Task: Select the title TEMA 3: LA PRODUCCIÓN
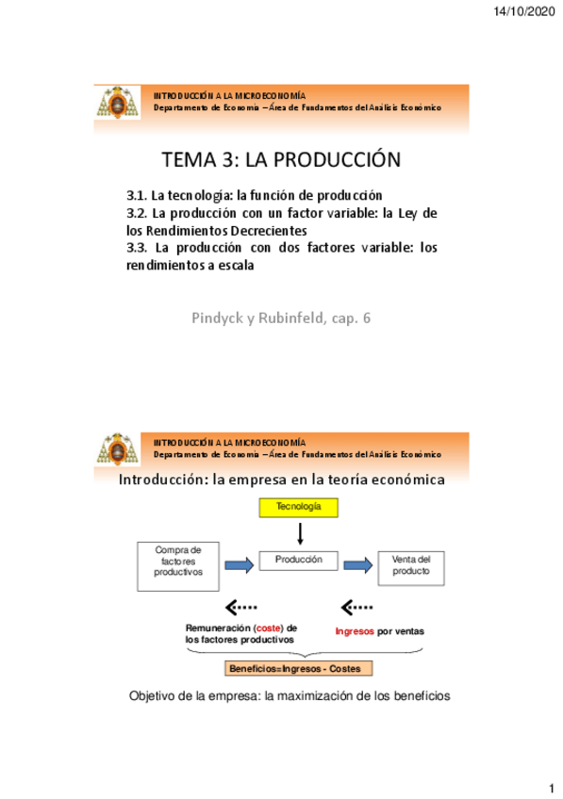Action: (282, 159)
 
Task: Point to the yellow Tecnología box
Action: (299, 508)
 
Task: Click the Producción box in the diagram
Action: (299, 563)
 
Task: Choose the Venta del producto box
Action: (409, 565)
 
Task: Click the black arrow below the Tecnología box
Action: (299, 533)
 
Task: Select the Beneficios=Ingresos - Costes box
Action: (299, 668)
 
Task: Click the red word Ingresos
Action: (354, 632)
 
